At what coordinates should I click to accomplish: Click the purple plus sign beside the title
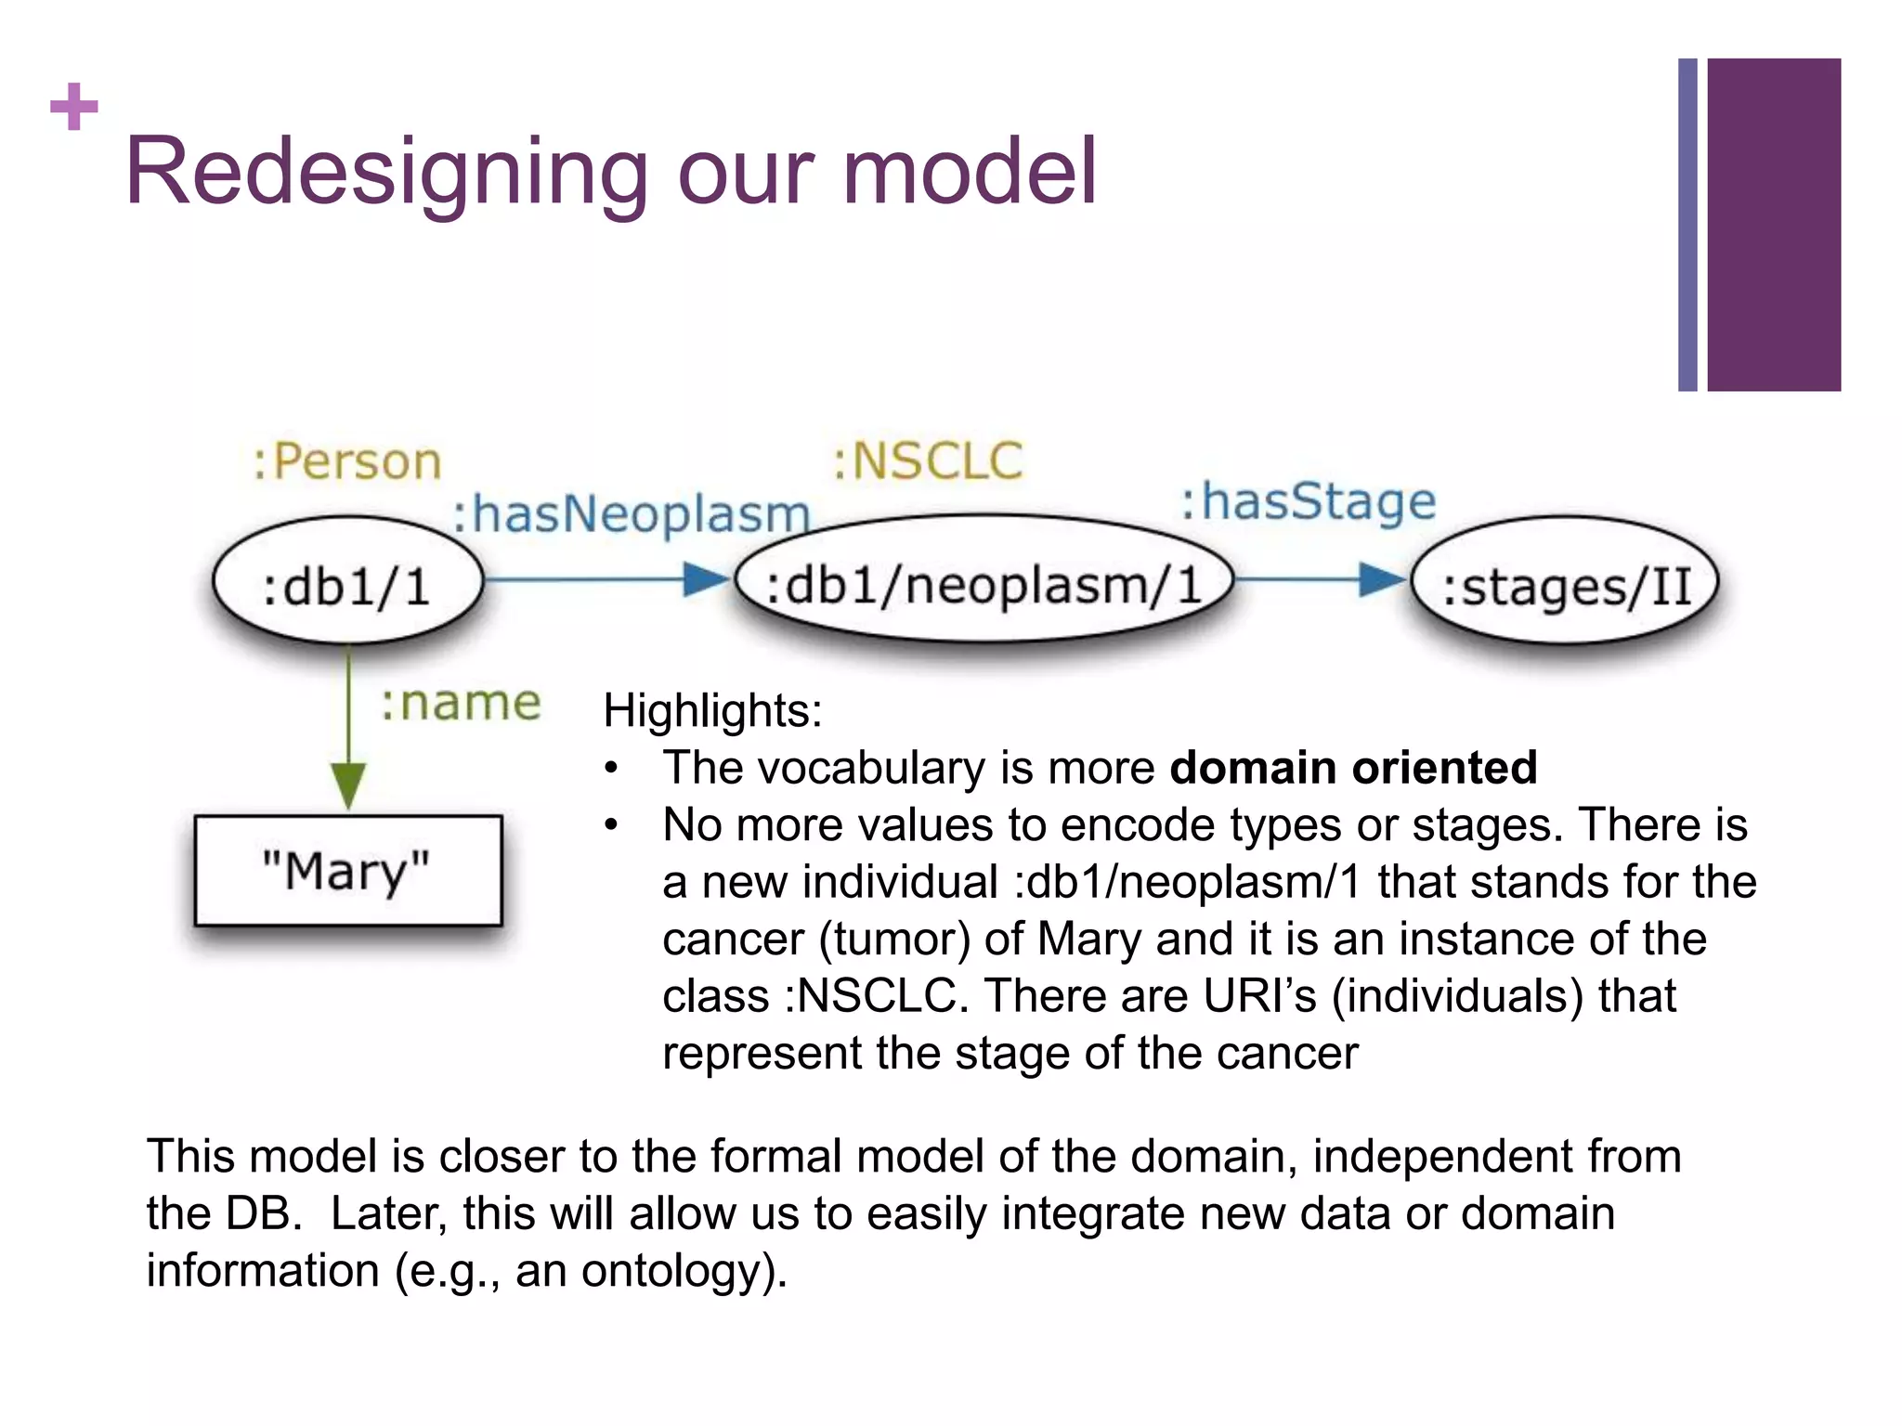pos(74,107)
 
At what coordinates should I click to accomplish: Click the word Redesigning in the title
pos(385,173)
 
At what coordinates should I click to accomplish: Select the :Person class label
pos(347,461)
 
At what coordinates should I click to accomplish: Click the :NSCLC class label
pos(928,461)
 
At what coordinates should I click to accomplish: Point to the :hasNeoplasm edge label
pos(632,513)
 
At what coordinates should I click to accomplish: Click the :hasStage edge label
pos(1308,502)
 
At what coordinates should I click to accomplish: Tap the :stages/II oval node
pos(1565,583)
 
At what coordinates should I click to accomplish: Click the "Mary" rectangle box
pos(347,871)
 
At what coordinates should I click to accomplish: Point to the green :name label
pos(461,703)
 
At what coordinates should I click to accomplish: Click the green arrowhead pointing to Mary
pos(348,784)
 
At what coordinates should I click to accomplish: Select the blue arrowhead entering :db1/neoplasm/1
pos(706,579)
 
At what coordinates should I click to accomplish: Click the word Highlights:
pos(712,711)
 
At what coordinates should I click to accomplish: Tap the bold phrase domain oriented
pos(1352,768)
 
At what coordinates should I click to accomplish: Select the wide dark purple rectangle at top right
pos(1774,225)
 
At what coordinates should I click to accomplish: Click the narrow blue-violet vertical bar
pos(1687,225)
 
